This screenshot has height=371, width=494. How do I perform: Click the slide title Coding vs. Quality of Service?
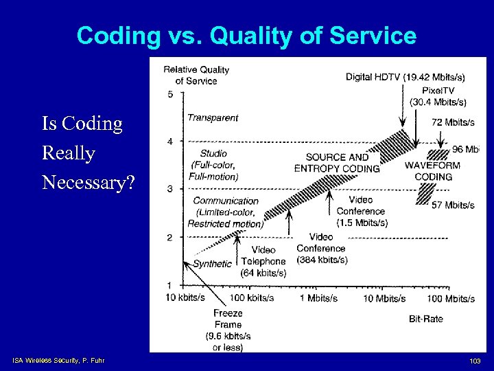coord(246,35)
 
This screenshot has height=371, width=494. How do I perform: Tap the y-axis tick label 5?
coord(169,94)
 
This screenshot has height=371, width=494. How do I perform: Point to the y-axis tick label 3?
coord(169,189)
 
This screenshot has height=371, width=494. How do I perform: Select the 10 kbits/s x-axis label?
coord(185,297)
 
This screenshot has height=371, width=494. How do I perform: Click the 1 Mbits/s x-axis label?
coord(318,297)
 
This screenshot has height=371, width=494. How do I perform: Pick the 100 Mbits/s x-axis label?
coord(450,297)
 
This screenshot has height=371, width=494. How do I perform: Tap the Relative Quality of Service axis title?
coord(196,75)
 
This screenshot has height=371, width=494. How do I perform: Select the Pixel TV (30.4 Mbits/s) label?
coord(438,96)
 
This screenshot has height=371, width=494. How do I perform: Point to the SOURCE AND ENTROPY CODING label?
coord(337,163)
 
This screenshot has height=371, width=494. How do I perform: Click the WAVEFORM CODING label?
coord(433,171)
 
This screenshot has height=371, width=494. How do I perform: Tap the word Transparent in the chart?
coord(213,117)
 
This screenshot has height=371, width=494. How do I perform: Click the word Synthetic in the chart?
coord(212,264)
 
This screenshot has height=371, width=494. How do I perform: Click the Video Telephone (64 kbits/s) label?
coord(263,261)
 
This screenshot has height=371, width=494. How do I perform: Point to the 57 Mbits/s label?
coord(453,205)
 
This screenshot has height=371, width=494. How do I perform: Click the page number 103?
coord(475,361)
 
